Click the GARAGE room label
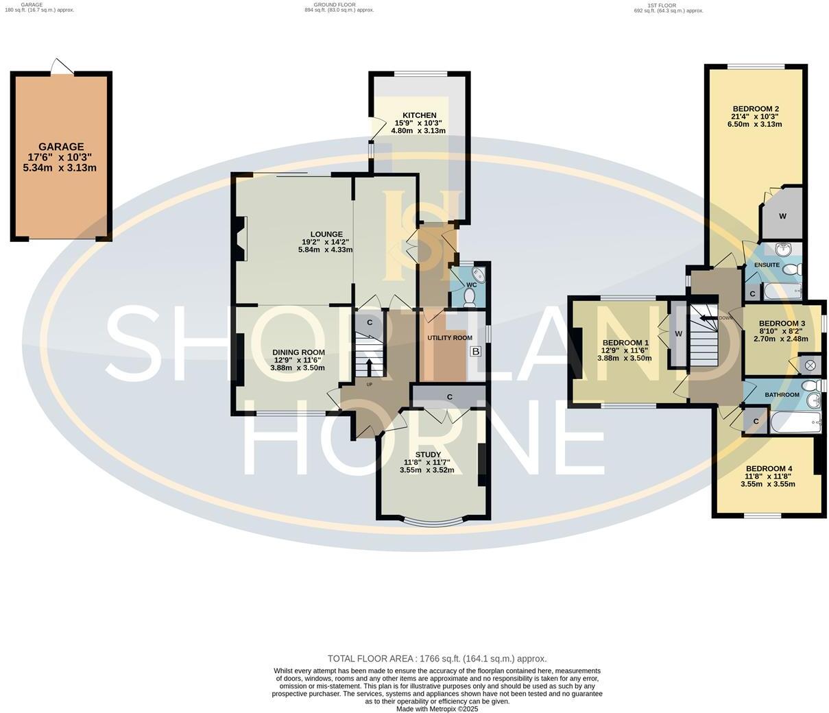coord(61,147)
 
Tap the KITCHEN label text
coord(419,115)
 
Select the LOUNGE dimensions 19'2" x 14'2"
coord(325,242)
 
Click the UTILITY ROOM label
coord(450,338)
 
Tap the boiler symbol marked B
coord(475,352)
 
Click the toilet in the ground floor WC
coord(470,297)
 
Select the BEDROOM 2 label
coord(755,109)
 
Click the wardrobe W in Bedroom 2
coord(782,216)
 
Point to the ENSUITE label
coord(767,265)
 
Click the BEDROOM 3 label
coord(781,324)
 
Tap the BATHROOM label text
coord(782,395)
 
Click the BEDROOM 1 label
coord(625,343)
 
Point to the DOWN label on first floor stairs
coord(725,318)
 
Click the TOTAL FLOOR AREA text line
coord(437,659)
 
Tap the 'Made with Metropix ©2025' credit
coord(437,709)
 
